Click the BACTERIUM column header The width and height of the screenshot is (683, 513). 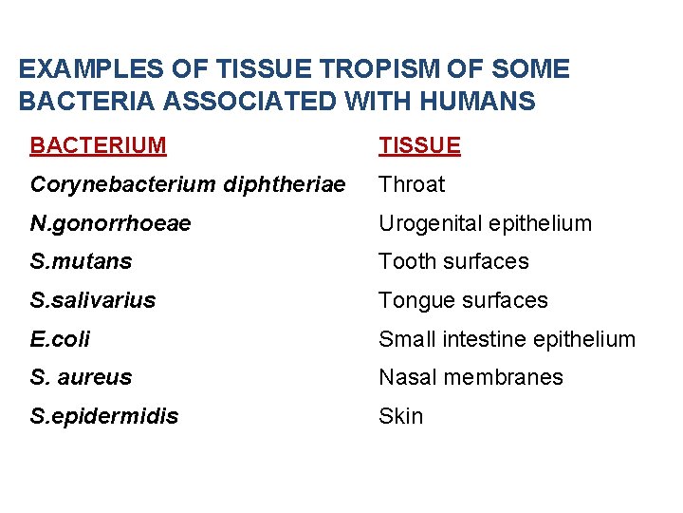pos(98,145)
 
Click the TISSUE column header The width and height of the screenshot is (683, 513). pos(419,145)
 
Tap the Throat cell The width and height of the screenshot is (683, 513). pos(412,184)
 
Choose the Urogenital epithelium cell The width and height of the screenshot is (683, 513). pos(485,223)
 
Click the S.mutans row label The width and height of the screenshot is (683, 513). pos(81,261)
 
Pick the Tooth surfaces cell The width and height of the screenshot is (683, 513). pos(453,261)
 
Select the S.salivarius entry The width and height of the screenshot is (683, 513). pos(93,300)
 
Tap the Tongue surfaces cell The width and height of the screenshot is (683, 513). pos(463,300)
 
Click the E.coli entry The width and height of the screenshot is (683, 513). pos(61,339)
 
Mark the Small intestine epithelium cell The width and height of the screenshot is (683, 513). pos(507,339)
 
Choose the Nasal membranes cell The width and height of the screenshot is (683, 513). pos(471,377)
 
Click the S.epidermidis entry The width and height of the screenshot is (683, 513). pos(103,416)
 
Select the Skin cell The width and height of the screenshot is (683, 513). pos(401,416)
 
